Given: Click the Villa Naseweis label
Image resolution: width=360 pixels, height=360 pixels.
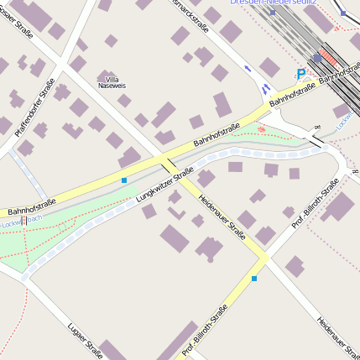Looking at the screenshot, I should (x=112, y=82).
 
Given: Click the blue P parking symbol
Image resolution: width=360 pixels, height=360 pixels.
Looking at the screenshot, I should (x=301, y=74).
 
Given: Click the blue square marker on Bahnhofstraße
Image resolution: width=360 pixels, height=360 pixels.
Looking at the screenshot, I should (x=124, y=180).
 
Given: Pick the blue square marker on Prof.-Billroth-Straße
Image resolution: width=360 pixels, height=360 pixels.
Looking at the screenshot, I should (x=254, y=278).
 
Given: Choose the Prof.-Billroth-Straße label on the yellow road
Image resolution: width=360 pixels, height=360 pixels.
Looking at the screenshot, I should (x=206, y=330).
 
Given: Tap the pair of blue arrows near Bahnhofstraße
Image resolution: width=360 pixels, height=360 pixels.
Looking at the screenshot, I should (x=257, y=78).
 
